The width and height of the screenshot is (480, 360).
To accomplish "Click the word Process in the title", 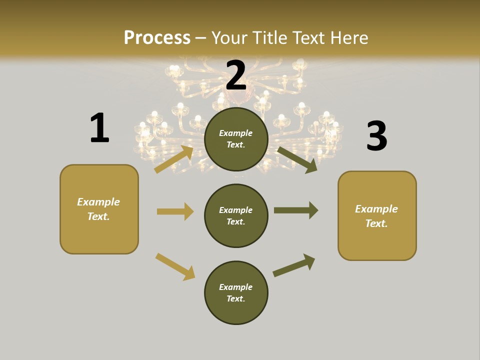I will (157, 37).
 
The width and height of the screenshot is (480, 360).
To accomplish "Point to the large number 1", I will (99, 128).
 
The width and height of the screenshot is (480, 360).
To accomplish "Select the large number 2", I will (236, 76).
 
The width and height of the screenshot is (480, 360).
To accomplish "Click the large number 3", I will (376, 136).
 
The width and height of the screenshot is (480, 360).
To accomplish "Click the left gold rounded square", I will (99, 209).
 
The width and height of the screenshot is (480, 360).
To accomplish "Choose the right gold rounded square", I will (377, 215).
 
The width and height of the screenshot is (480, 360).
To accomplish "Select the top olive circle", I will (236, 139).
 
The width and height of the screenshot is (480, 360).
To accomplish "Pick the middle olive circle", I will (236, 215).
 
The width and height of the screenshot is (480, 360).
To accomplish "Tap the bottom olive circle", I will (236, 292).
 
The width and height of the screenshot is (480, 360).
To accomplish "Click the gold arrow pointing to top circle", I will (174, 159).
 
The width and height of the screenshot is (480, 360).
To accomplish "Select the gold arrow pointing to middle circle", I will (175, 211).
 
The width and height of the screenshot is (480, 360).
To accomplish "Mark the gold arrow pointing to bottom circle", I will (175, 266).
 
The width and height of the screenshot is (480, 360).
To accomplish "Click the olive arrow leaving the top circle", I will (297, 159).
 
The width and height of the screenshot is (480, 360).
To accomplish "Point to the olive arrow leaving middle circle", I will (295, 210).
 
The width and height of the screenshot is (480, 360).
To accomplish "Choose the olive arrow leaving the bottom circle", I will (294, 265).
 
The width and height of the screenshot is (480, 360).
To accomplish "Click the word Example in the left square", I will (98, 202).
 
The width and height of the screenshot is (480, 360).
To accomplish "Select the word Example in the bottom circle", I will (235, 287).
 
